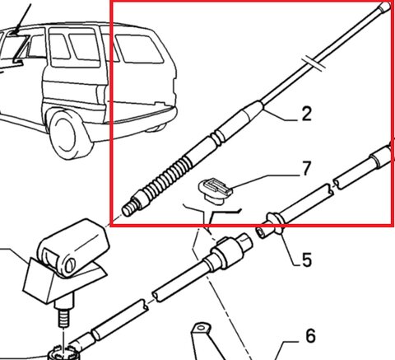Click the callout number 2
pyautogui.click(x=307, y=114)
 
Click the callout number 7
pyautogui.click(x=306, y=168)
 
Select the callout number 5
pyautogui.click(x=307, y=259)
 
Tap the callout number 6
pyautogui.click(x=310, y=336)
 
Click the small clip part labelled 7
pyautogui.click(x=216, y=190)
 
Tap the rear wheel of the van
pyautogui.click(x=67, y=135)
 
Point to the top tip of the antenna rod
pyautogui.click(x=387, y=6)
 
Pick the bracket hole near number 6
pyautogui.click(x=201, y=328)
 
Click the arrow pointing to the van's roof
pyautogui.click(x=21, y=20)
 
